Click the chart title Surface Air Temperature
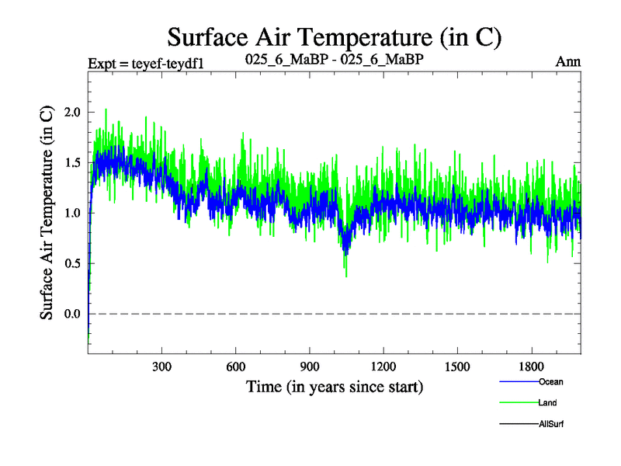tap(335, 37)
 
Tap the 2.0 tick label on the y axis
tap(72, 112)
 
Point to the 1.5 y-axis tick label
tap(72, 162)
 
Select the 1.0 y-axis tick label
tap(72, 213)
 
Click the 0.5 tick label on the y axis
tap(72, 263)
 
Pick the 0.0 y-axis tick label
tap(72, 314)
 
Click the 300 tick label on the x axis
tap(161, 366)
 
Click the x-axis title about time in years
tap(335, 386)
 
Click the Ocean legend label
tap(550, 381)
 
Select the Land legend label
tap(547, 403)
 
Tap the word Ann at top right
tap(568, 61)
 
